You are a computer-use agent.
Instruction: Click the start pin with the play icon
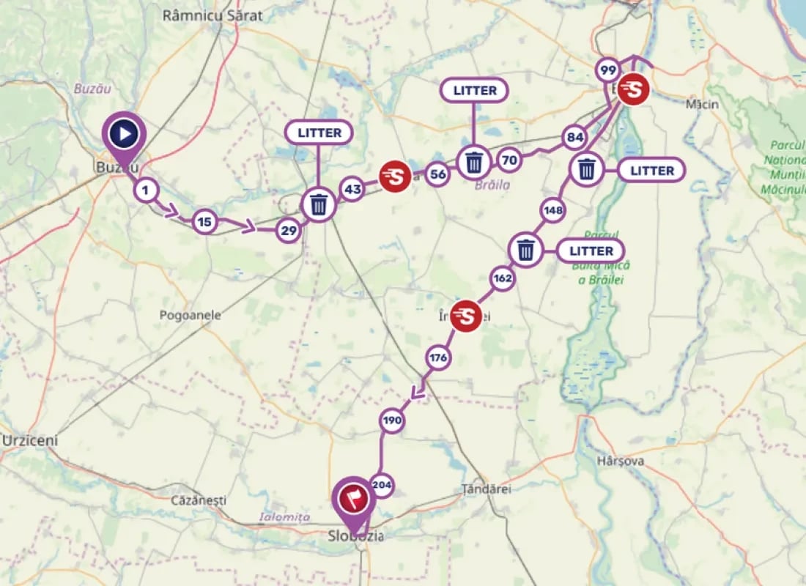[125, 134]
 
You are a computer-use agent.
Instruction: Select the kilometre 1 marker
[146, 190]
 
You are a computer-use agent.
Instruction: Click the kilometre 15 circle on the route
[204, 221]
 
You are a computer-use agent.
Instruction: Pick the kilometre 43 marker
[352, 190]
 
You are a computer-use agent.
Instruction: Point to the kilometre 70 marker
[510, 159]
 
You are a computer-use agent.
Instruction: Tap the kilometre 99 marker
[607, 70]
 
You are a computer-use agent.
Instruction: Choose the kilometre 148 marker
[553, 211]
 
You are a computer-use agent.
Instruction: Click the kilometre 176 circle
[438, 357]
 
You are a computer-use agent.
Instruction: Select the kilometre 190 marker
[392, 420]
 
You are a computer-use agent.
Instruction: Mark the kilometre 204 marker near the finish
[382, 484]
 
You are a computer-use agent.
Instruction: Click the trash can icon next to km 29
[319, 204]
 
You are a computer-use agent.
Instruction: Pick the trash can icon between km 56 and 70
[474, 162]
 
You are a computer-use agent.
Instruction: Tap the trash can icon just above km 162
[525, 250]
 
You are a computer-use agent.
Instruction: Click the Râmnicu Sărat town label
[212, 15]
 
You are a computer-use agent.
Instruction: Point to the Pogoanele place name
[191, 315]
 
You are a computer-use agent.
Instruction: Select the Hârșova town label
[621, 461]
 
